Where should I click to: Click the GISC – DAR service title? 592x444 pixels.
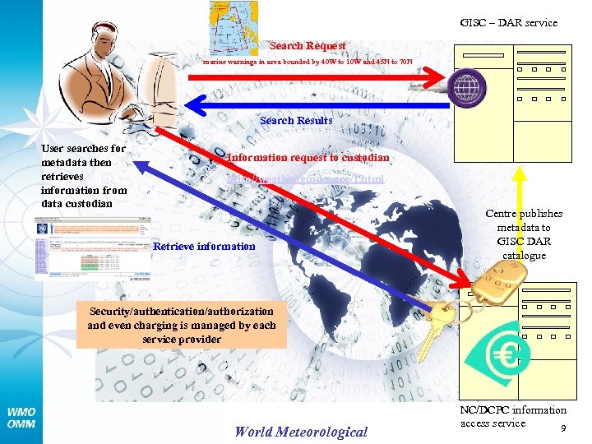tap(508, 23)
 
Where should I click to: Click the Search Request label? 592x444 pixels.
tap(308, 46)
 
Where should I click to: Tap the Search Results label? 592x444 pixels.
tap(296, 121)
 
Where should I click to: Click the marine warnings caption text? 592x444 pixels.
tap(308, 62)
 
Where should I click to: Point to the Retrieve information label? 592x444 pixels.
tap(205, 246)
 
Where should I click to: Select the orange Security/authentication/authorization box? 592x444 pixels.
tap(182, 325)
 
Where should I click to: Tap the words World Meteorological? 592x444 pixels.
tap(301, 432)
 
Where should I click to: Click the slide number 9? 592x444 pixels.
tap(562, 428)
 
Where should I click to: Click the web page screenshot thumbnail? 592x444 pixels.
tap(92, 249)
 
